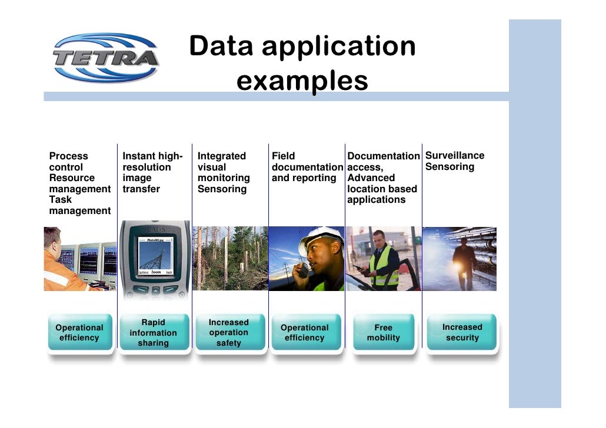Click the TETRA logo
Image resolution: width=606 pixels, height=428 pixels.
105,58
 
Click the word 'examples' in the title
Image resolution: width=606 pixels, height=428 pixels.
302,81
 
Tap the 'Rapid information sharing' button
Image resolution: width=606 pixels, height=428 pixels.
153,333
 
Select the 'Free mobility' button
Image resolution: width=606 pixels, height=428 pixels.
383,333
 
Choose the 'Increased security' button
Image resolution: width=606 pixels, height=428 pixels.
462,332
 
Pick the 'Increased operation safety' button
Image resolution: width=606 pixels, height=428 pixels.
229,333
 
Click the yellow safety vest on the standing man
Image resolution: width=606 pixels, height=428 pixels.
384,266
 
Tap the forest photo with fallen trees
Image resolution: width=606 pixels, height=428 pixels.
230,259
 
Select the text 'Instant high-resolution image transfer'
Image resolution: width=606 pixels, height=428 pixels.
152,172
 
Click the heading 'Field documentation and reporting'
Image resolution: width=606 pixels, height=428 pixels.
307,167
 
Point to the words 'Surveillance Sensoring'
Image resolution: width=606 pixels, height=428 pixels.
454,161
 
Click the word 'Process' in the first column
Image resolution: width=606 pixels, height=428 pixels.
68,156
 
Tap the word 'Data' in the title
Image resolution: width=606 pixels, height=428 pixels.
222,47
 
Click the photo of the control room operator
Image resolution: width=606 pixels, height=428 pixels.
80,259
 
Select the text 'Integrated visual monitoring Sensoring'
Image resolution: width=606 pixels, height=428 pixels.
224,172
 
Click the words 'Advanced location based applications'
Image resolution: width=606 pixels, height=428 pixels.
381,189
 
